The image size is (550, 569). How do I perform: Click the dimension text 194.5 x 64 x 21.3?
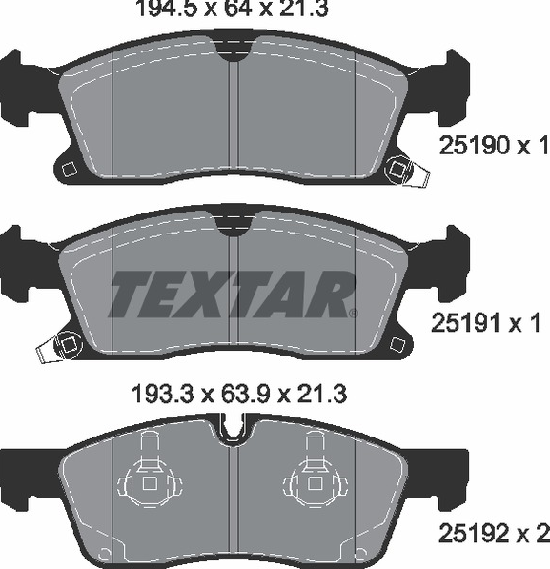(x=232, y=9)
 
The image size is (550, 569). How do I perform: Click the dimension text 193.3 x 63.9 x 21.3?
(x=240, y=394)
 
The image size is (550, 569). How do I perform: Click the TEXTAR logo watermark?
(x=233, y=295)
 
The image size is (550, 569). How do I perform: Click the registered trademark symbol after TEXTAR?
(x=354, y=313)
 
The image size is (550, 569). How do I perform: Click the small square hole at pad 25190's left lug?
(x=69, y=170)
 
